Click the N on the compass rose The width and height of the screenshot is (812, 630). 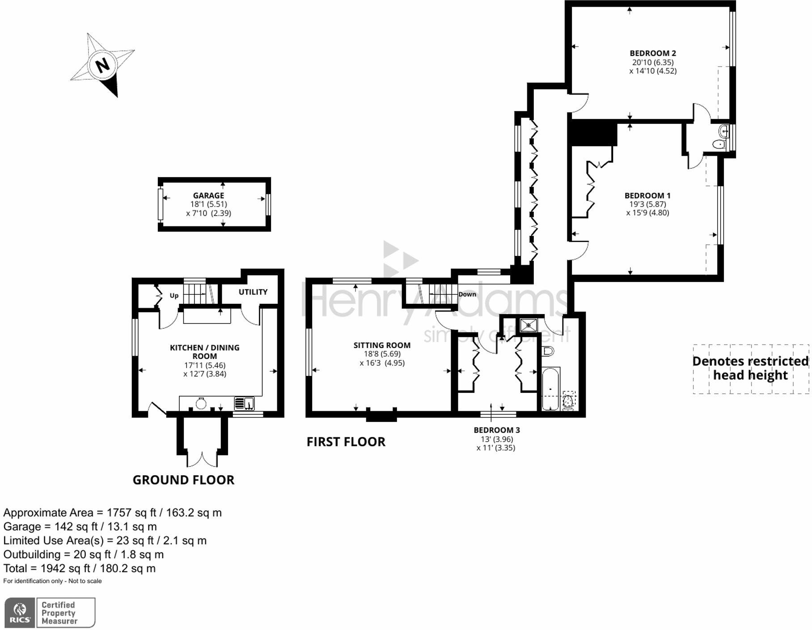point(103,65)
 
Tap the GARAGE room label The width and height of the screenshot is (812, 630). point(208,196)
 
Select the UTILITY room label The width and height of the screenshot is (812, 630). point(253,292)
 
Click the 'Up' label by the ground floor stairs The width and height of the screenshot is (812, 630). point(174,295)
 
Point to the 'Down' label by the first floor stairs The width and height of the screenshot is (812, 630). point(467,294)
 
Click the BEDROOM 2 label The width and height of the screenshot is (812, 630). point(653,53)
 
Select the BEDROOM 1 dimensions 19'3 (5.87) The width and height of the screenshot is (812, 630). point(647,204)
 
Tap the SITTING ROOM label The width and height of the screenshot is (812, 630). point(382,345)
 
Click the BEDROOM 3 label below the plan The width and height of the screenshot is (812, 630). point(497,430)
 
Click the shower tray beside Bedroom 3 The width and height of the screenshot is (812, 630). point(529,325)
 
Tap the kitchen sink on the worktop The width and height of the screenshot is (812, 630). point(245,403)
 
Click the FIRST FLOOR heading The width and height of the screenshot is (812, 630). point(346,442)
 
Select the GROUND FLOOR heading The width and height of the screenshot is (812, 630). point(183,480)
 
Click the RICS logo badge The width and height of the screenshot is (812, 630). point(20,613)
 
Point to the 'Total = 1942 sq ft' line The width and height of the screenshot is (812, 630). point(80,569)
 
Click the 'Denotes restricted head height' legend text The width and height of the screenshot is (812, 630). point(750,368)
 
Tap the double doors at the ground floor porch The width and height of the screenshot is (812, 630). point(202,459)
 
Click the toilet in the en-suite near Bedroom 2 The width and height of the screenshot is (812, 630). point(719,144)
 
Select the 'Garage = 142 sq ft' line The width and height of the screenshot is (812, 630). point(80,527)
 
